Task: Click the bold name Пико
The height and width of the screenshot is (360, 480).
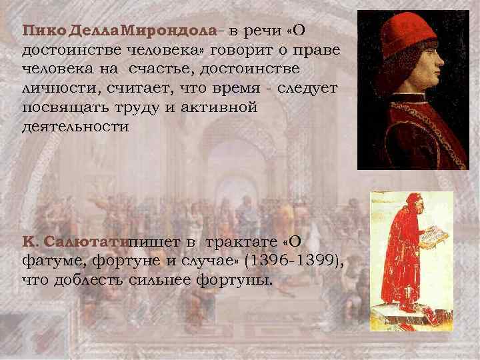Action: coord(39,31)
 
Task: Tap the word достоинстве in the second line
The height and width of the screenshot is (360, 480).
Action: coord(67,51)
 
